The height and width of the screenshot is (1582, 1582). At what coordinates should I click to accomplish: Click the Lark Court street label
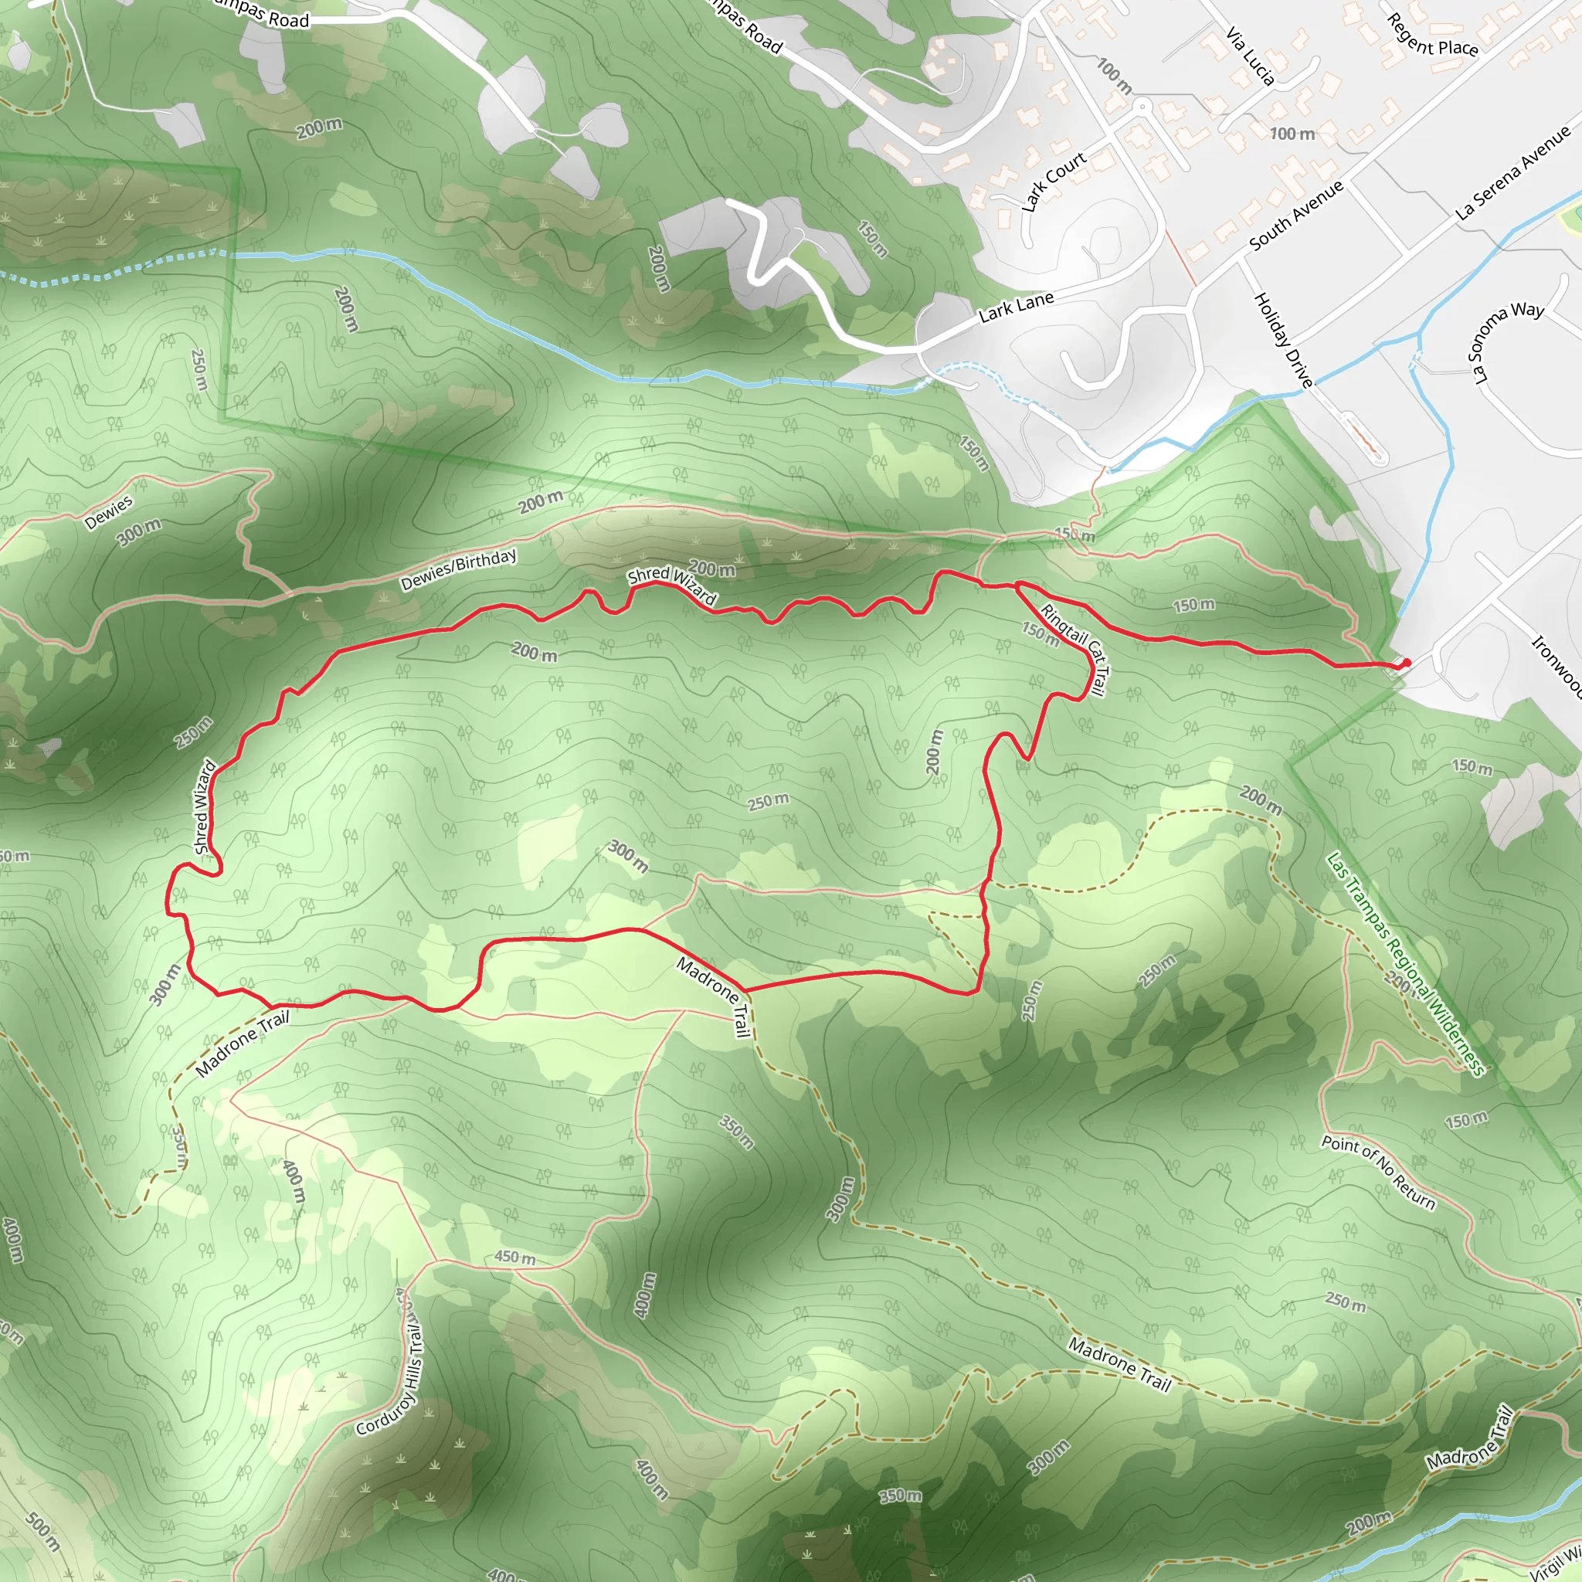[1053, 181]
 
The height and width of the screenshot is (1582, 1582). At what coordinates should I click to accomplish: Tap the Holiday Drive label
[1283, 340]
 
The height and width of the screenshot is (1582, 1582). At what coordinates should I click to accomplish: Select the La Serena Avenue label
[1513, 172]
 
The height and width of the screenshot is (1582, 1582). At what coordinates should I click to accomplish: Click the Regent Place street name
[1432, 36]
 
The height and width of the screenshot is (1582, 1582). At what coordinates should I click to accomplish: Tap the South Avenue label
[1296, 215]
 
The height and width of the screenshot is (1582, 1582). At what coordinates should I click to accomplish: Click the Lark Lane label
[1017, 306]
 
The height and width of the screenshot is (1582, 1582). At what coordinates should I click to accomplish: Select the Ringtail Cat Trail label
[1074, 650]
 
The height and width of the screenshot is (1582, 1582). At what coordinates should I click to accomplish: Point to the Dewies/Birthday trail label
[459, 569]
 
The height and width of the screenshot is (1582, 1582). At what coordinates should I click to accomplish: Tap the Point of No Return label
[1378, 1173]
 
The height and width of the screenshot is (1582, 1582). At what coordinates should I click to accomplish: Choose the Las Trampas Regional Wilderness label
[1405, 963]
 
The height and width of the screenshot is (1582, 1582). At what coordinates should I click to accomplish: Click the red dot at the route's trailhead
[1406, 663]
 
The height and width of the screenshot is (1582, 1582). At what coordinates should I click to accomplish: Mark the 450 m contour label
[515, 1257]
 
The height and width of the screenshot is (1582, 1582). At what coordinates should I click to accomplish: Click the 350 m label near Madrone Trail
[736, 1132]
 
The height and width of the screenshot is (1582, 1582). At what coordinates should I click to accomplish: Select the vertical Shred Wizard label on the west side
[204, 806]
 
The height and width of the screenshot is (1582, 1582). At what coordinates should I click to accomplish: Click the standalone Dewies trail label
[108, 512]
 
